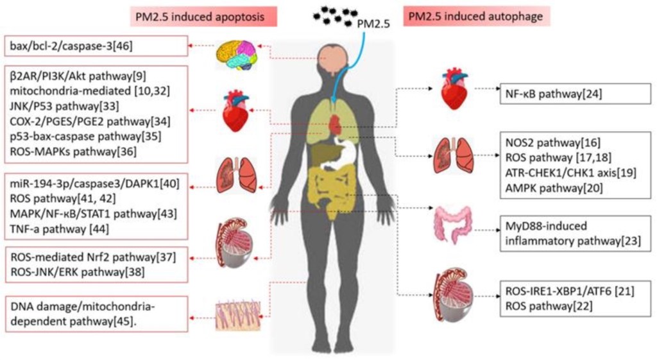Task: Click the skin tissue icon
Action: coord(238,314)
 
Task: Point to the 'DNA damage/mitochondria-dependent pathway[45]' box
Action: coord(95,314)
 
